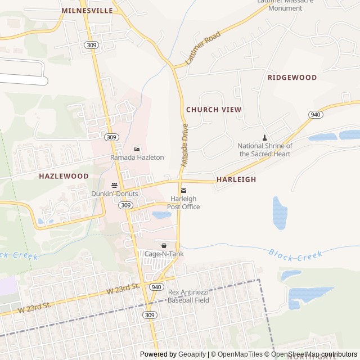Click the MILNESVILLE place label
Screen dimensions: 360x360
point(87,10)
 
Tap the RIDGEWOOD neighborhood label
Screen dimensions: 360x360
point(292,77)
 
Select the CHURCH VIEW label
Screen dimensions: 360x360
point(214,109)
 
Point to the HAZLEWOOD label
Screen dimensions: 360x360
point(64,176)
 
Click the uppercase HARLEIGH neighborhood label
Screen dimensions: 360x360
point(236,179)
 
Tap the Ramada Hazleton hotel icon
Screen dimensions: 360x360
point(137,149)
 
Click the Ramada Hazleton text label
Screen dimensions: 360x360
point(137,157)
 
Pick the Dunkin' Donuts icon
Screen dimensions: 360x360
point(114,185)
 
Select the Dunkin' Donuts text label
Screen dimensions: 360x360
point(114,193)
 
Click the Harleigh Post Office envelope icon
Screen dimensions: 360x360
point(183,191)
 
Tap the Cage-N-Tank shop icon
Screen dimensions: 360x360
point(164,246)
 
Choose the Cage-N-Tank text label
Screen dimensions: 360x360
point(164,254)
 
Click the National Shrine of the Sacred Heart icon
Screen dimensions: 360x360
point(265,138)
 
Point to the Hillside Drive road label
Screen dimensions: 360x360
point(184,145)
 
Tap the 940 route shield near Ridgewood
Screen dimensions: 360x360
point(316,115)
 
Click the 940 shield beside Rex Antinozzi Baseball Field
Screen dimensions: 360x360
point(156,287)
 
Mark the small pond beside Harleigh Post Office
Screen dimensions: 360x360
point(161,215)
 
